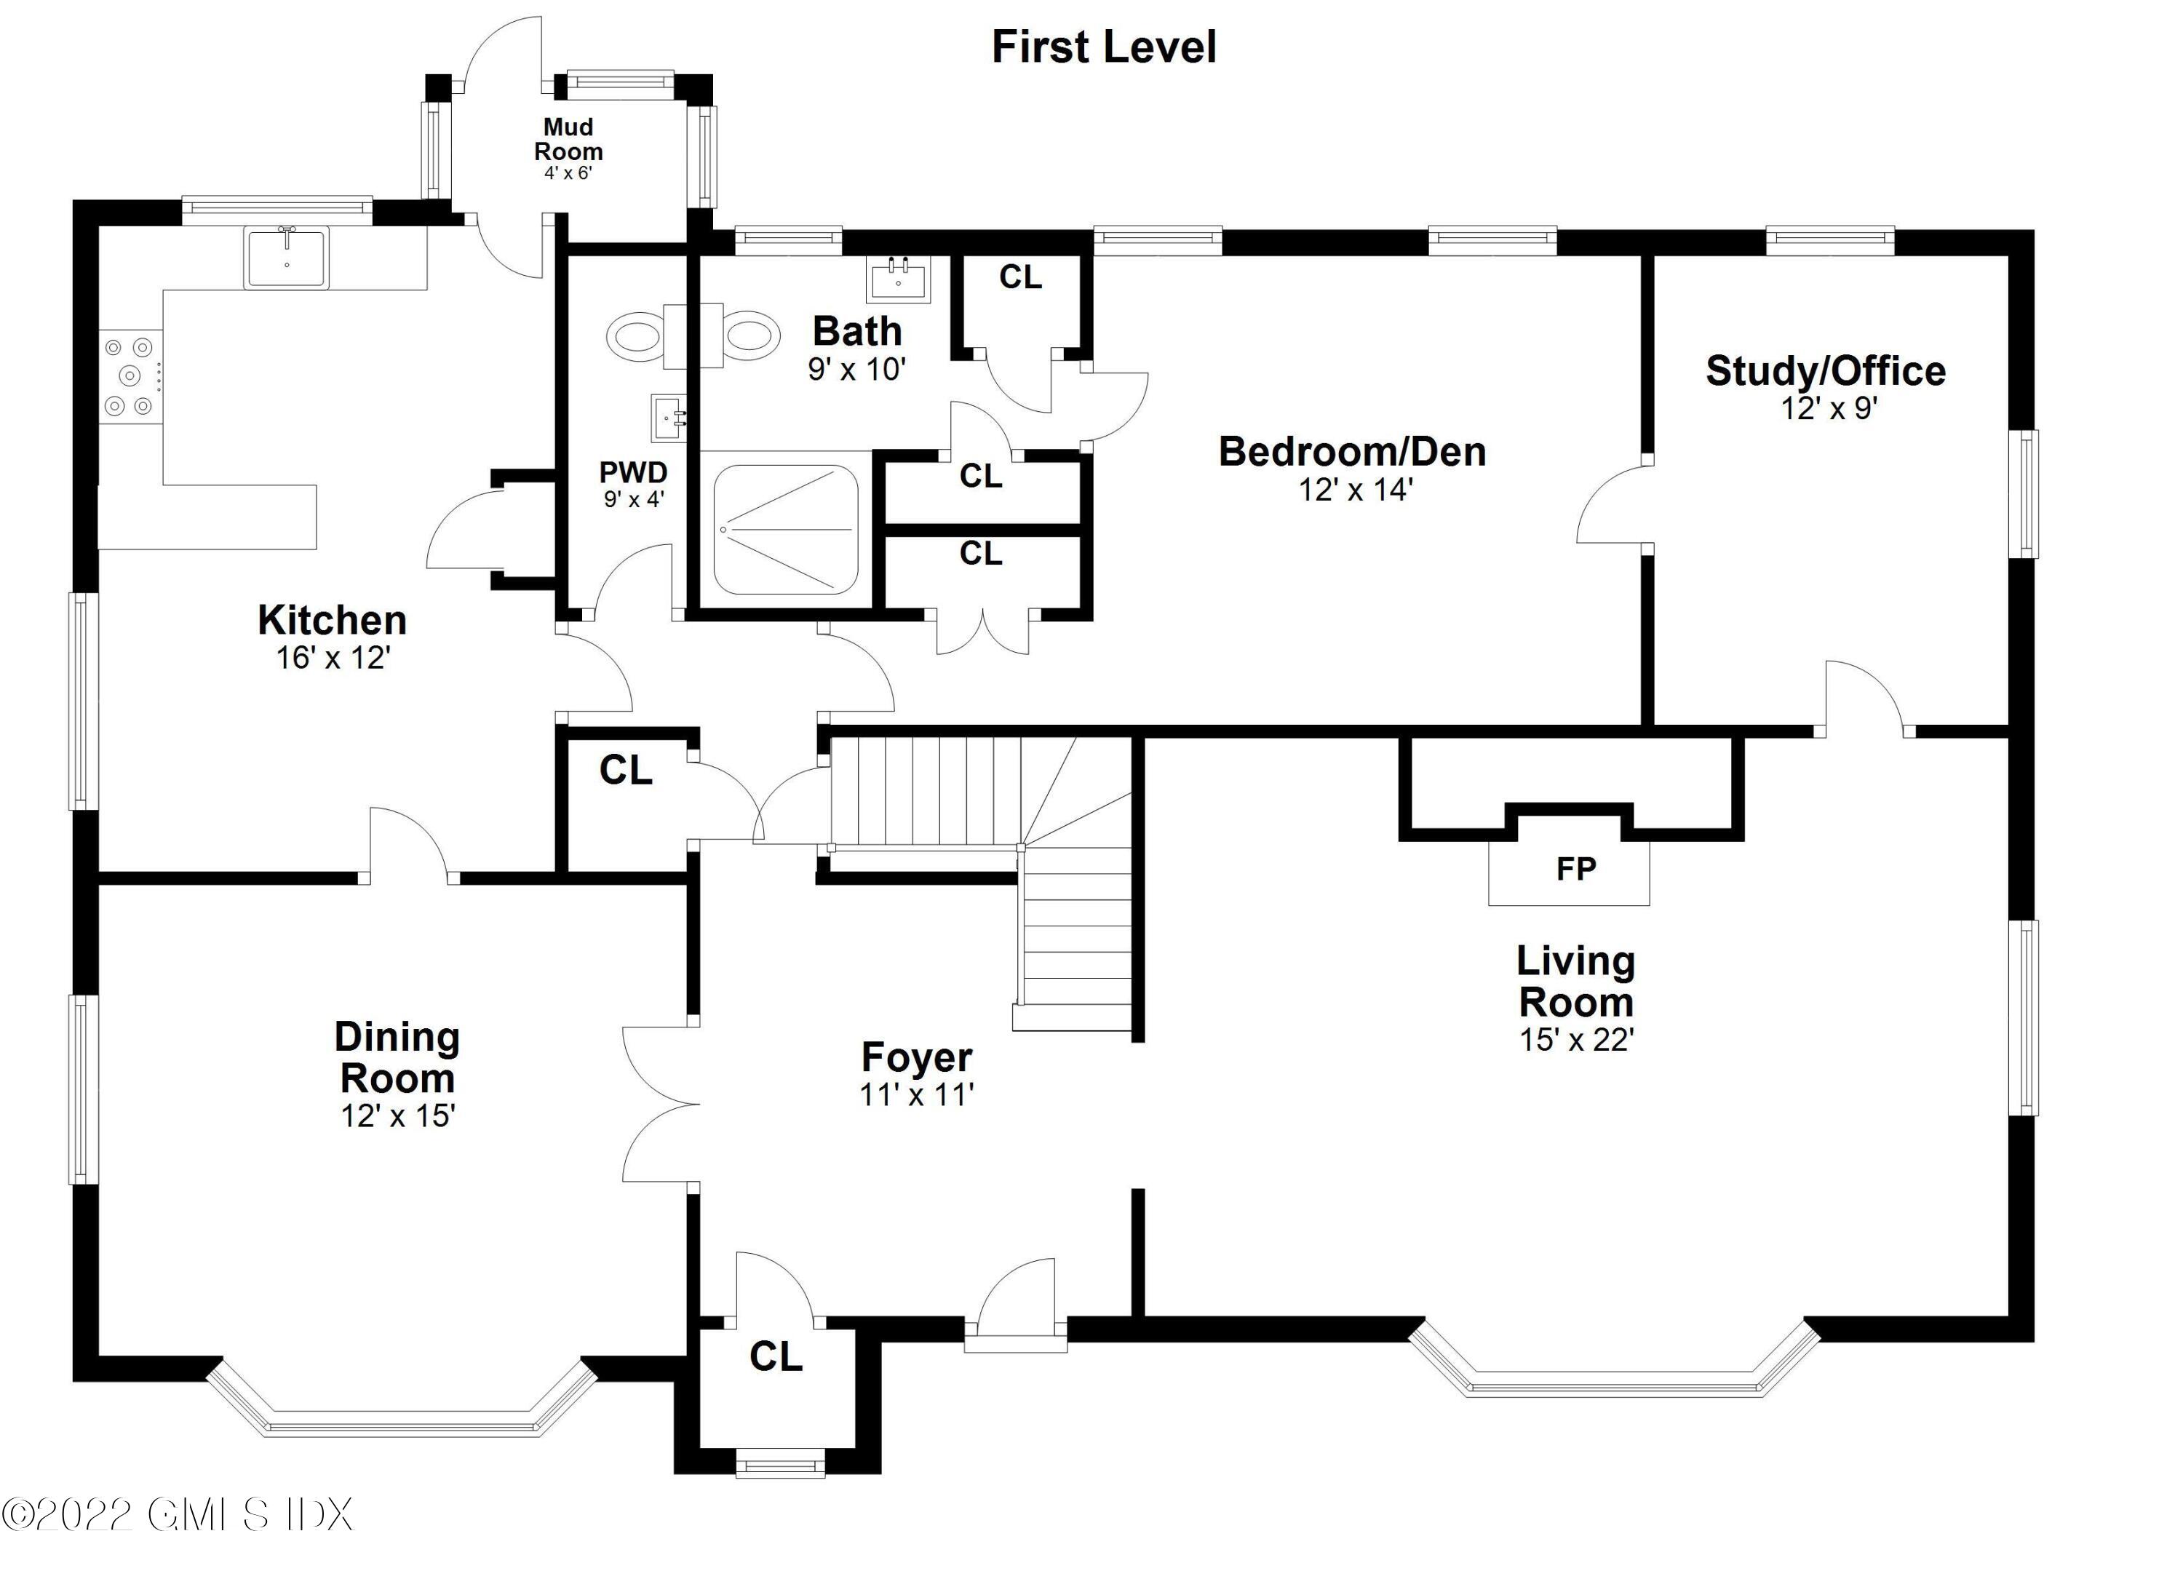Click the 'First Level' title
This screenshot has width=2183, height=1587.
coord(1104,47)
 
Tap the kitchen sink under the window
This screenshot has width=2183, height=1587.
coord(286,257)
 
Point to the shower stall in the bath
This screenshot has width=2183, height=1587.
coord(785,529)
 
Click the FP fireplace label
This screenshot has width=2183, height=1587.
coord(1575,869)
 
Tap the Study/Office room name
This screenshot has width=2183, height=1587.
coord(1826,370)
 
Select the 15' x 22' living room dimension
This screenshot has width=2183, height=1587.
coord(1577,1039)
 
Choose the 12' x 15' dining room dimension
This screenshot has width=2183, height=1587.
coord(397,1115)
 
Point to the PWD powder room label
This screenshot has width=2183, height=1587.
coord(633,472)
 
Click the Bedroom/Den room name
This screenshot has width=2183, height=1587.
coord(1352,451)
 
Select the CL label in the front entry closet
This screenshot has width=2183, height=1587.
coord(776,1356)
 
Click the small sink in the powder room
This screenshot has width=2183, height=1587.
coord(668,418)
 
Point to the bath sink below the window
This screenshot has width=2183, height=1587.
coord(898,279)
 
